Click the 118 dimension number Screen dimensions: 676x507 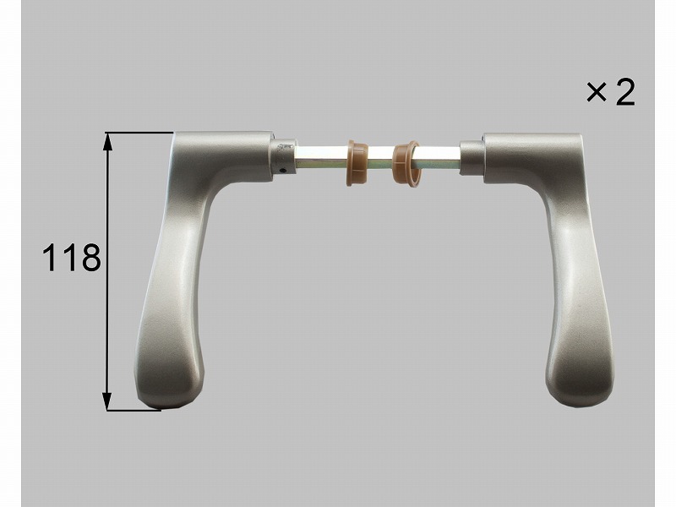(x=72, y=258)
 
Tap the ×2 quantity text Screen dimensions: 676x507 (x=610, y=93)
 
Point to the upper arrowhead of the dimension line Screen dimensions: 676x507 (x=107, y=141)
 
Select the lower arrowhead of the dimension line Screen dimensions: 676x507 (x=107, y=401)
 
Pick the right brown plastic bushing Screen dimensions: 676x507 (x=406, y=162)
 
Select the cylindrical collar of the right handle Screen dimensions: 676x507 (x=472, y=158)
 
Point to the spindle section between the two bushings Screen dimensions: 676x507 (x=381, y=159)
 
